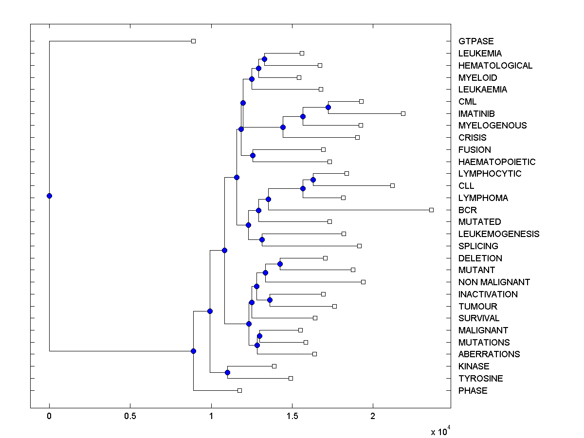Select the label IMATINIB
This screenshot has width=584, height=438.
click(x=476, y=113)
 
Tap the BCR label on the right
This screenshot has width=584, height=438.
click(x=467, y=210)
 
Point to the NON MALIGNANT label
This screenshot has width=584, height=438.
click(x=494, y=282)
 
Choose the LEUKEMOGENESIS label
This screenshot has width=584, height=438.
click(x=498, y=234)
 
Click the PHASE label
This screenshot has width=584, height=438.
click(x=473, y=391)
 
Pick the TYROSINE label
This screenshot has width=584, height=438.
click(x=480, y=379)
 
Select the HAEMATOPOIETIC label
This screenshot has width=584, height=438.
click(x=496, y=162)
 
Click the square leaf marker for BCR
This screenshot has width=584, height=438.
click(x=431, y=210)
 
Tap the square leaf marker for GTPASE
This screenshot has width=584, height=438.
click(x=193, y=41)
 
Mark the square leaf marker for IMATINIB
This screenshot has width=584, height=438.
click(x=403, y=113)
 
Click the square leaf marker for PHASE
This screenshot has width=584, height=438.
click(x=239, y=390)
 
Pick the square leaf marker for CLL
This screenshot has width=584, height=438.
click(x=392, y=185)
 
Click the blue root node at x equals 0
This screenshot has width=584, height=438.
click(x=49, y=196)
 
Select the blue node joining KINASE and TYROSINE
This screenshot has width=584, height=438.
click(x=227, y=372)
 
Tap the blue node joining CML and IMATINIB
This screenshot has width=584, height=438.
click(x=328, y=107)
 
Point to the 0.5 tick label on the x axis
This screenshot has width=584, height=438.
click(x=130, y=416)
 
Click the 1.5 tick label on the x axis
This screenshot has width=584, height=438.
click(x=292, y=416)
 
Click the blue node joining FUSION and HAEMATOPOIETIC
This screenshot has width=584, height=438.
click(x=253, y=156)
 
